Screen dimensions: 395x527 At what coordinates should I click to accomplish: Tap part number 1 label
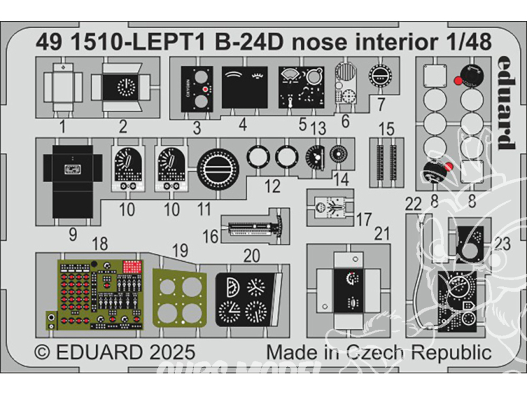pos(62,126)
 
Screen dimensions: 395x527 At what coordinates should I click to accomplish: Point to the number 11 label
pos(204,209)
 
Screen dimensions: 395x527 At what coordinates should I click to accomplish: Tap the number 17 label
pos(363,219)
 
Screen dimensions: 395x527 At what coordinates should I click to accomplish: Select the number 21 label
pos(383,235)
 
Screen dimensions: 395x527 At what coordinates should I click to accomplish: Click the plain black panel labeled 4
pos(242,91)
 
